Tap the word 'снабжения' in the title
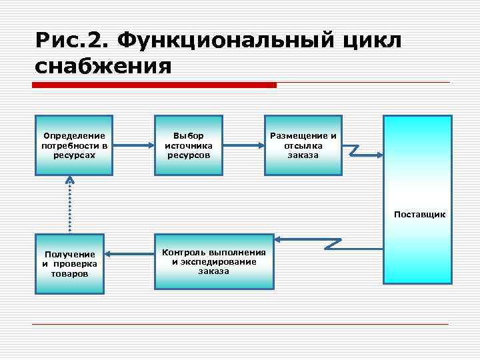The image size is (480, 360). (103, 67)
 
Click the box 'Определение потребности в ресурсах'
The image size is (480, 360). (75, 145)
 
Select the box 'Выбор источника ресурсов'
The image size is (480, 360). (189, 145)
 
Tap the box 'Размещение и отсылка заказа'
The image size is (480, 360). (303, 145)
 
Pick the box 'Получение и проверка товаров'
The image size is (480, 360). (70, 264)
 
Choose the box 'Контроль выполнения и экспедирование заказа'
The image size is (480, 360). (214, 261)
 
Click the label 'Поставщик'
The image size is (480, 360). (420, 215)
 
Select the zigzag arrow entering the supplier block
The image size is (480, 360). (361, 151)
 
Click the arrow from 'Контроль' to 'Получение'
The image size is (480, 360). (129, 253)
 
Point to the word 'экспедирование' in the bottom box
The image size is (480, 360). (214, 261)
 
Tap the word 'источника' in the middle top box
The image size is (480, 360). (189, 145)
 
